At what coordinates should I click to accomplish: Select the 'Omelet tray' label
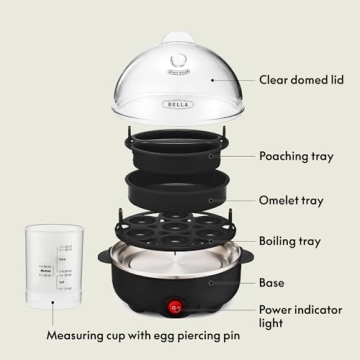point(290,199)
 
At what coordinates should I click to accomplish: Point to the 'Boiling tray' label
point(290,241)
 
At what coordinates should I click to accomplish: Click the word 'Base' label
point(272,283)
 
